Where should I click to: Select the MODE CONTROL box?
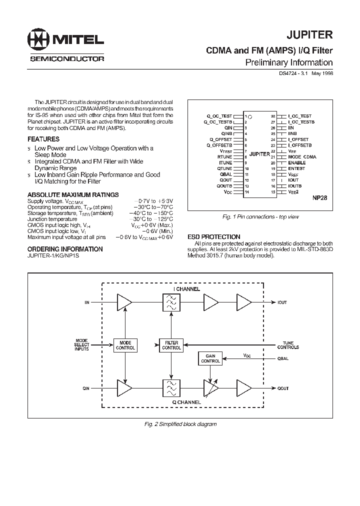pos(125,345)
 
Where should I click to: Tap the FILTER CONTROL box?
pos(171,345)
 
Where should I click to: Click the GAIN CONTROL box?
pos(210,358)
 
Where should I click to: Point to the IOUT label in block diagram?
pos(283,302)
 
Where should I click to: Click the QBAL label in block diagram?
pos(283,358)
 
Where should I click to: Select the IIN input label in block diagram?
pos(86,302)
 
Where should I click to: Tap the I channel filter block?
pos(171,302)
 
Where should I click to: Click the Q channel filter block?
pos(171,388)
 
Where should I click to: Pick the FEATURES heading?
pos(43,139)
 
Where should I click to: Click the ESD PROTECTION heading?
pos(213,236)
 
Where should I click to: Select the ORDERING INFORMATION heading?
pos(65,248)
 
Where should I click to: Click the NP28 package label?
pos(319,197)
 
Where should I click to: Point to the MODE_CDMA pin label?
pos(302,157)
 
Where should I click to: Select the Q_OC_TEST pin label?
pos(219,116)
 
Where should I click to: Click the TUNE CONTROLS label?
pos(288,345)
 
